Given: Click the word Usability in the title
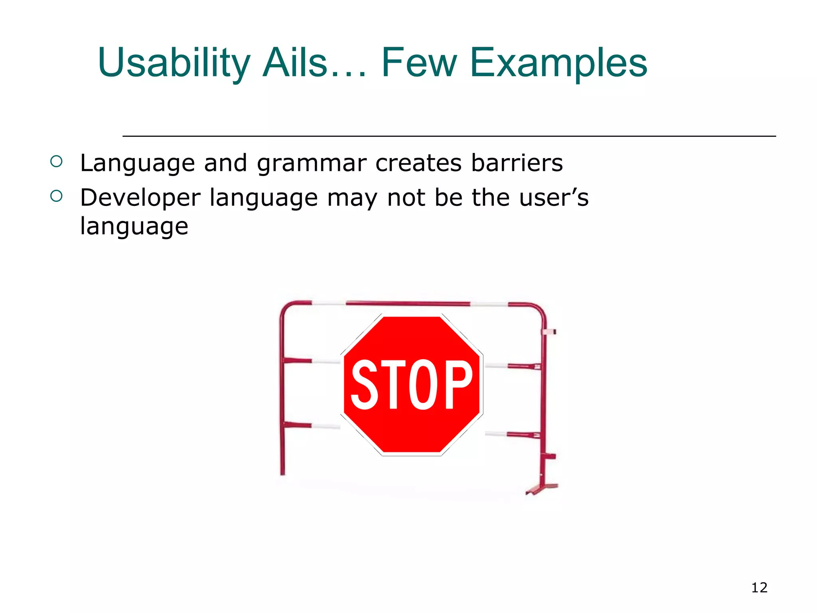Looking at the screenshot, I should coord(174,63).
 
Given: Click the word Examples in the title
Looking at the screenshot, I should coord(558,63).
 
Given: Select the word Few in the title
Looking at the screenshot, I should coord(419,63).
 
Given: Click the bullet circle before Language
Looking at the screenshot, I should coord(57,162).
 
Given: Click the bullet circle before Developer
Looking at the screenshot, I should coord(57,196).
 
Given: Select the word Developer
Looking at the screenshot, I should coord(140,198).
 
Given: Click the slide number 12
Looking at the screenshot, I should coord(759,587).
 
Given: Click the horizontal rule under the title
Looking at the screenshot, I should coord(449,136).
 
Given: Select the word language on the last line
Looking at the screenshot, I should coord(134,227).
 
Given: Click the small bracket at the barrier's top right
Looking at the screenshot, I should coord(550,332).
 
